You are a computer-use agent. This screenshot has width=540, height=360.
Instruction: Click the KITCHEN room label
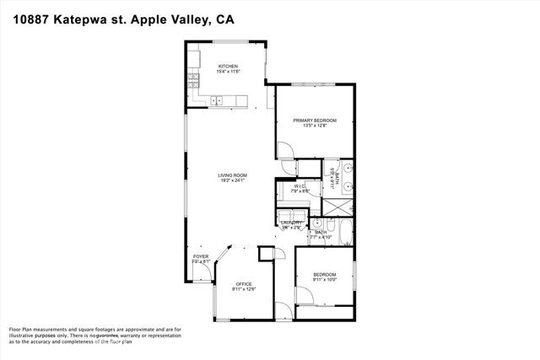pyautogui.click(x=228, y=66)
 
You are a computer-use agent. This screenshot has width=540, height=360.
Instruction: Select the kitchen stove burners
pyautogui.click(x=193, y=79)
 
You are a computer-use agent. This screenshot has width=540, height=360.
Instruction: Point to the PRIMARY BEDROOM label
pyautogui.click(x=315, y=121)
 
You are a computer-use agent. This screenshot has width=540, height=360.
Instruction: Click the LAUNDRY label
pyautogui.click(x=292, y=223)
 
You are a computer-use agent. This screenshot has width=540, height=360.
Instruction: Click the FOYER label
pyautogui.click(x=200, y=255)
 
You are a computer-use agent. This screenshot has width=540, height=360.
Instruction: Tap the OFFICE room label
pyautogui.click(x=244, y=284)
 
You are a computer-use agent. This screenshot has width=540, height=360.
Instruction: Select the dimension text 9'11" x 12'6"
pyautogui.click(x=244, y=289)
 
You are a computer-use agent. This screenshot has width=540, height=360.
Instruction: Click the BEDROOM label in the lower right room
pyautogui.click(x=325, y=275)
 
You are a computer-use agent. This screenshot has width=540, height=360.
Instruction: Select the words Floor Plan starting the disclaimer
pyautogui.click(x=23, y=329)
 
